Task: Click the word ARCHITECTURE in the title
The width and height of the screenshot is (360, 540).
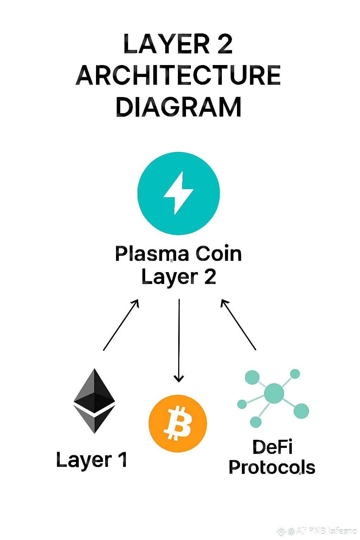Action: pos(178,75)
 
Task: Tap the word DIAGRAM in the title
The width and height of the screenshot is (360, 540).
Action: pos(178,107)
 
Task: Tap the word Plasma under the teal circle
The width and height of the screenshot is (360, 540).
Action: pos(152,254)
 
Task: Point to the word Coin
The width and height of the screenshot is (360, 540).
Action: pos(219,254)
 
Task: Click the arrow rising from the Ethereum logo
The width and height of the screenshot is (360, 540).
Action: pos(121,325)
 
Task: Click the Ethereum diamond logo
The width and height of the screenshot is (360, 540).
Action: pos(94,401)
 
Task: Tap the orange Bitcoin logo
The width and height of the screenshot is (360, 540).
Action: pos(178,423)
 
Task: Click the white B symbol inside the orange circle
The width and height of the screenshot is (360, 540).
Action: pos(178,423)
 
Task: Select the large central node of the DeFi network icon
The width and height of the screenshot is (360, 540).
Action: pos(274,393)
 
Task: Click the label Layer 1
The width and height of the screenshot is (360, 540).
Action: pos(91,460)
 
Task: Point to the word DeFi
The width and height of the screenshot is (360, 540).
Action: pos(272,447)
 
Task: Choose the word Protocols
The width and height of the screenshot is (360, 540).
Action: pos(272,468)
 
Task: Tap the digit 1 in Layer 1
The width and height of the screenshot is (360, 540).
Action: pos(122,460)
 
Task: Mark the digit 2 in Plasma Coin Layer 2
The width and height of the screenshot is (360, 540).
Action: pos(210,277)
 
